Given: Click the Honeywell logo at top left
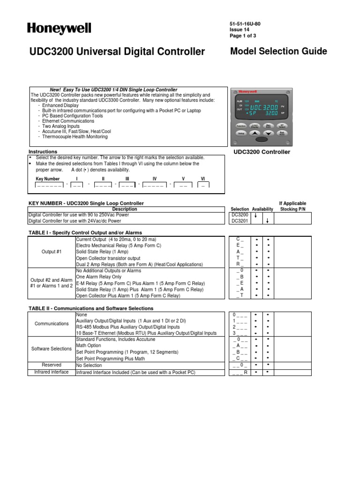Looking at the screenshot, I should coord(59,29).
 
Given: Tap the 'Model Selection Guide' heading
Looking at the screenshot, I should coord(278,52).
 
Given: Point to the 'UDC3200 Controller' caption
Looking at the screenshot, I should coord(262,152).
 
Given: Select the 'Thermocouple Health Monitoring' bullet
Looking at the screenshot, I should coord(75,137).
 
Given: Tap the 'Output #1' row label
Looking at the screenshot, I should coord(52,251).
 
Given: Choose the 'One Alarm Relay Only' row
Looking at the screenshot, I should coord(100,277).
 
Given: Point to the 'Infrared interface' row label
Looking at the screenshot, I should coord(52,372).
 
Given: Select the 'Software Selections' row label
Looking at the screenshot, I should coord(52,349).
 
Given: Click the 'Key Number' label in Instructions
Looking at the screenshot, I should coord(48,179).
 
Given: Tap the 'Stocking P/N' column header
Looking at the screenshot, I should coord(292,209).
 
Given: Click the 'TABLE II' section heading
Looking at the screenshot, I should coord(91,308).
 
